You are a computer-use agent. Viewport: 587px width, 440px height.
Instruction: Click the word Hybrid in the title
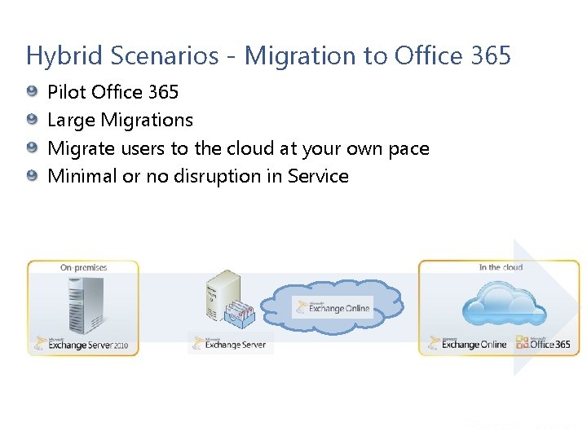click(55, 56)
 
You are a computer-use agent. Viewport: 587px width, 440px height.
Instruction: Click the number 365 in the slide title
click(491, 56)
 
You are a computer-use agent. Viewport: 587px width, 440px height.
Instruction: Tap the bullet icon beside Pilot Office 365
click(31, 91)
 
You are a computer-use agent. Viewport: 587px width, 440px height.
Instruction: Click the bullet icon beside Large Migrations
click(31, 120)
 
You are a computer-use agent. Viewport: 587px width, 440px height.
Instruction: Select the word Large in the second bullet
click(71, 121)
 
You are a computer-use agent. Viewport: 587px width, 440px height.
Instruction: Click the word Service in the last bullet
click(318, 176)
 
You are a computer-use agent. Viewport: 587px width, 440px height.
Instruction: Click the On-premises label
click(83, 267)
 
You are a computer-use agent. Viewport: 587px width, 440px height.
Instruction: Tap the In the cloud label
click(501, 267)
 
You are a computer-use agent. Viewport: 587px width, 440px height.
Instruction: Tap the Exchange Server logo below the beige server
click(232, 343)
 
